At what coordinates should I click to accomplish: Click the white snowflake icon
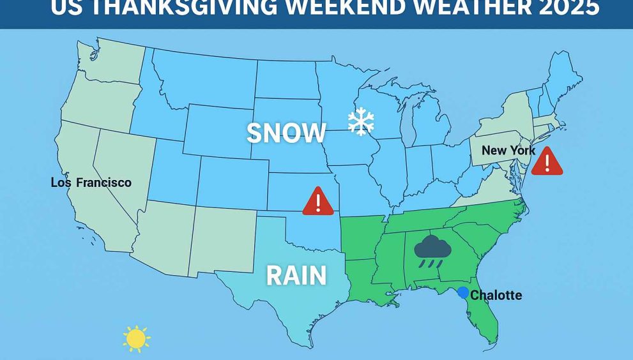pyautogui.click(x=361, y=122)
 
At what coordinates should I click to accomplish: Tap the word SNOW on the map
pyautogui.click(x=286, y=133)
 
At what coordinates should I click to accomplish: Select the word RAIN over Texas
pyautogui.click(x=296, y=276)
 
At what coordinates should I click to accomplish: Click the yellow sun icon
pyautogui.click(x=136, y=339)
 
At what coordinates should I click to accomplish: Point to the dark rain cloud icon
pyautogui.click(x=432, y=251)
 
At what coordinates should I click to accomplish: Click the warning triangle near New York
pyautogui.click(x=547, y=161)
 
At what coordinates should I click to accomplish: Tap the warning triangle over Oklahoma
pyautogui.click(x=318, y=202)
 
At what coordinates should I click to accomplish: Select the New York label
pyautogui.click(x=508, y=151)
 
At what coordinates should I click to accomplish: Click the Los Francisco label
pyautogui.click(x=91, y=183)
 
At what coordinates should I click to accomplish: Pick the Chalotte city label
pyautogui.click(x=496, y=295)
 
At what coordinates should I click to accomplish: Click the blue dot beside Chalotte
pyautogui.click(x=463, y=292)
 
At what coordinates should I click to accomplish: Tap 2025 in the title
pyautogui.click(x=565, y=8)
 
